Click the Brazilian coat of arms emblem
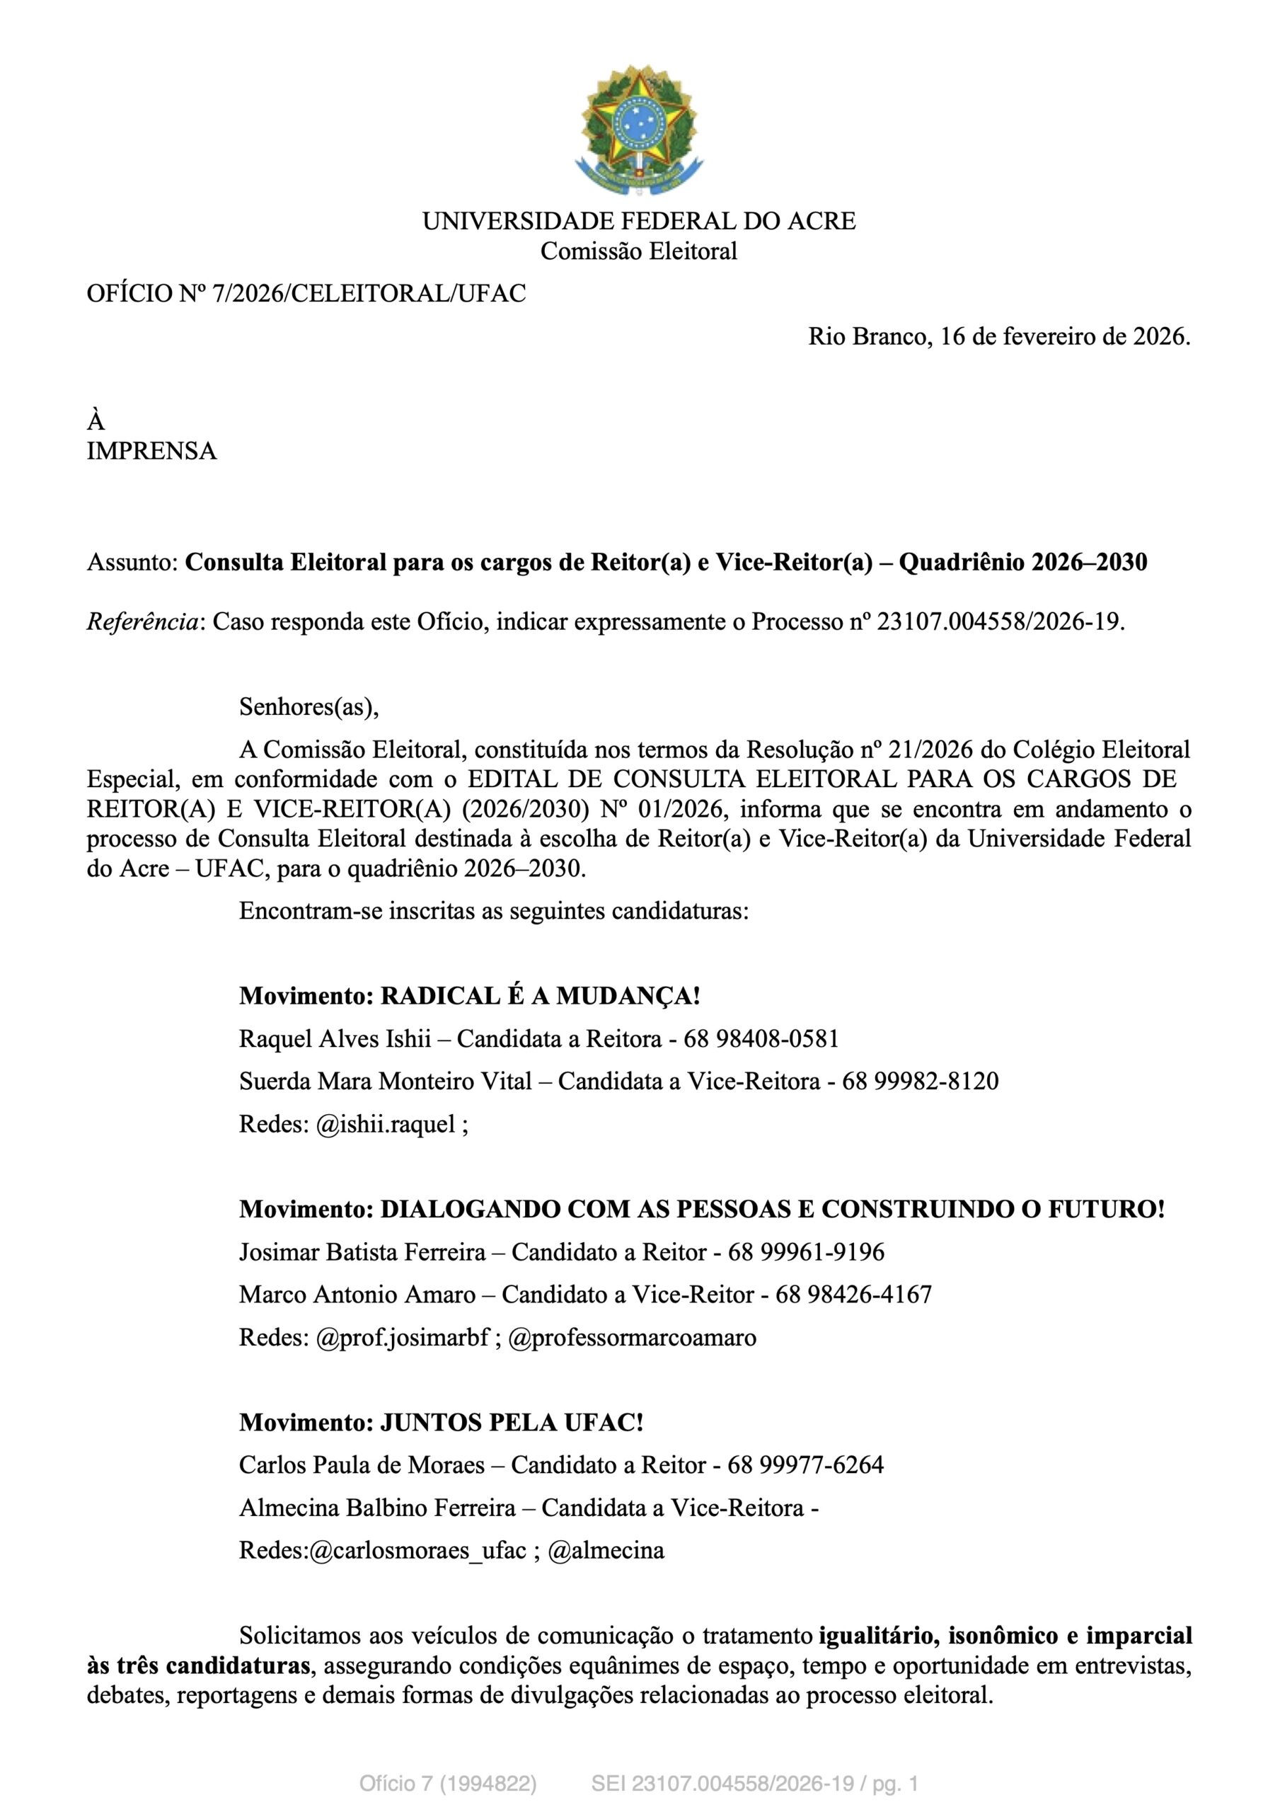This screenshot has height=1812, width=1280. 638,130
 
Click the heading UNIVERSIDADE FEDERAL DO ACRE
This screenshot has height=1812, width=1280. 638,221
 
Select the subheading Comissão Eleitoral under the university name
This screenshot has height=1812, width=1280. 638,252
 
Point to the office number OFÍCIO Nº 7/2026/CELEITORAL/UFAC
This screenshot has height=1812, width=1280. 306,294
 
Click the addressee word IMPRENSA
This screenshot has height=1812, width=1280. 151,452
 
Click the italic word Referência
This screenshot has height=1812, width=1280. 142,623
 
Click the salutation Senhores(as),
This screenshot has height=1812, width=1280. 309,706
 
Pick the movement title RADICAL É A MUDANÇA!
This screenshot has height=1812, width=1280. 540,997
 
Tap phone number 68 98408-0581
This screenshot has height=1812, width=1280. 761,1039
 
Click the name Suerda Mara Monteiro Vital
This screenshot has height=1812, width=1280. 385,1082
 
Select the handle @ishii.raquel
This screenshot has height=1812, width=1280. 386,1125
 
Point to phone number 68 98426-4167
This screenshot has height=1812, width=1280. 853,1295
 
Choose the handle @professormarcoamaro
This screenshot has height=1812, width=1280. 632,1338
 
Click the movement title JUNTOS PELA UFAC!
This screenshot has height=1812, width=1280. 512,1423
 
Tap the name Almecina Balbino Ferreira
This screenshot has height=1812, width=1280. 377,1508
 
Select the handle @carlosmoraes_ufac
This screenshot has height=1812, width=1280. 417,1551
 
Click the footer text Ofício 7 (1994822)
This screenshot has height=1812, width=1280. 447,1784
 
